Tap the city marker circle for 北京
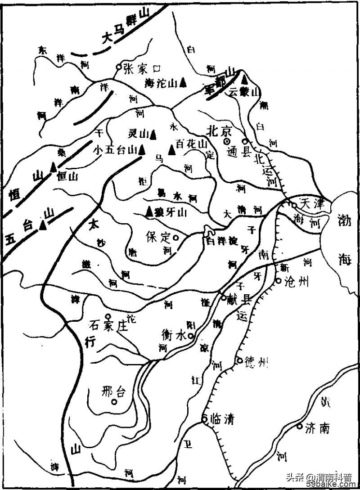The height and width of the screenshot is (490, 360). pos(227,141)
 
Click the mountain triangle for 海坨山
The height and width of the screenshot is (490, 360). pos(183,82)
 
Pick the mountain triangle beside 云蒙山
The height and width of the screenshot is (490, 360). pos(244,80)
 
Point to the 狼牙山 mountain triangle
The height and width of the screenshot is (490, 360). pos(148,211)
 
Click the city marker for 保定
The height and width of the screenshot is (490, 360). pos(176,237)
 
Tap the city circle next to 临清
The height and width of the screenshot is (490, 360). pos(204,418)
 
